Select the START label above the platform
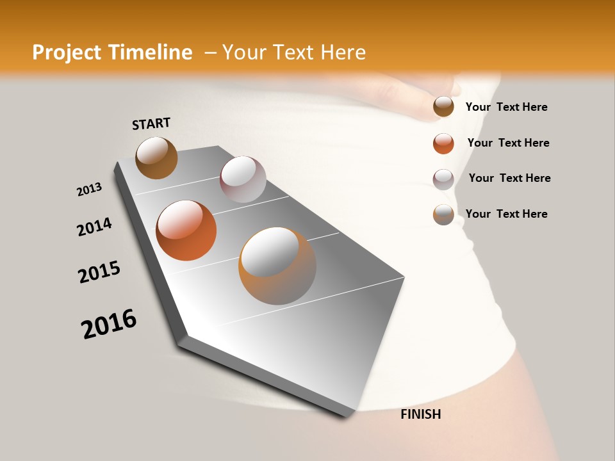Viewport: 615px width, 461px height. tap(151, 123)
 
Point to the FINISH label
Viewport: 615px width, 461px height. tap(420, 414)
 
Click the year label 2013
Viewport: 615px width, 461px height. tap(89, 190)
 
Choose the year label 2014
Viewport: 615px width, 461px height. tap(94, 227)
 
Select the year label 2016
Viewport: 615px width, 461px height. tap(109, 324)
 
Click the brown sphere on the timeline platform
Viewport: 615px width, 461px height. tap(156, 158)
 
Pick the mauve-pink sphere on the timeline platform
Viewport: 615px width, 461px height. tap(243, 179)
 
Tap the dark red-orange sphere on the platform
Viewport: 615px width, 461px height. tap(186, 230)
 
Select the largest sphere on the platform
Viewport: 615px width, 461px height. tap(277, 266)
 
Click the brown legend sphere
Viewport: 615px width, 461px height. tap(443, 106)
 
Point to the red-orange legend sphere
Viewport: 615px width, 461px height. tap(443, 143)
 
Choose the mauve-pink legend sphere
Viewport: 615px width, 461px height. tap(443, 179)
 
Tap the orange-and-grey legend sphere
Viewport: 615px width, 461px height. tap(443, 214)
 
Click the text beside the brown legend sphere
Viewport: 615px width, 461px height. tap(506, 107)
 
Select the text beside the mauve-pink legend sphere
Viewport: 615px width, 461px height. tap(509, 178)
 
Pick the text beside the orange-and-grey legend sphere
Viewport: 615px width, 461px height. tap(506, 214)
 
